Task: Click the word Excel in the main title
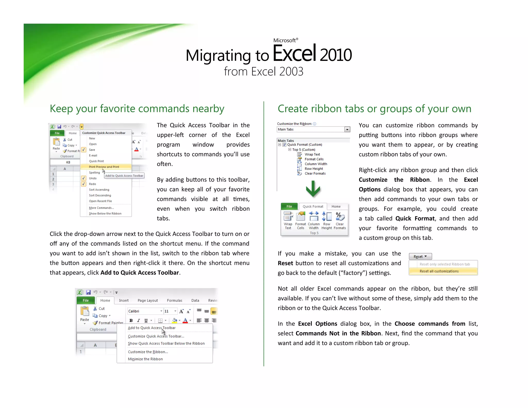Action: pyautogui.click(x=294, y=54)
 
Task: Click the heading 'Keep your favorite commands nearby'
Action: pyautogui.click(x=137, y=109)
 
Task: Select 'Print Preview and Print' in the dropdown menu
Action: pyautogui.click(x=104, y=167)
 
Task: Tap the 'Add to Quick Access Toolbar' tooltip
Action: pyautogui.click(x=124, y=176)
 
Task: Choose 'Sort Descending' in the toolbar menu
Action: pyautogui.click(x=100, y=195)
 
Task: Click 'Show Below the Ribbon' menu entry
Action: pyautogui.click(x=105, y=214)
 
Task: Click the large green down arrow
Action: pyautogui.click(x=313, y=189)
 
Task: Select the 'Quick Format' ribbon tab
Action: pyautogui.click(x=313, y=207)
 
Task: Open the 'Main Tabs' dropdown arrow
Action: pyautogui.click(x=347, y=129)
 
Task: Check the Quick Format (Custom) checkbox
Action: pyautogui.click(x=285, y=145)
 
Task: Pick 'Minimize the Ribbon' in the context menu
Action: pyautogui.click(x=145, y=359)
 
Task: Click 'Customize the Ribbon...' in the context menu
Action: pyautogui.click(x=148, y=352)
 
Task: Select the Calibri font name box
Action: pyautogui.click(x=143, y=311)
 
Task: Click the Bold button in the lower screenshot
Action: pyautogui.click(x=131, y=321)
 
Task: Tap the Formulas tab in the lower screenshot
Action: pyautogui.click(x=174, y=300)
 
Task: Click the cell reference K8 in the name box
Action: pyautogui.click(x=68, y=162)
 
